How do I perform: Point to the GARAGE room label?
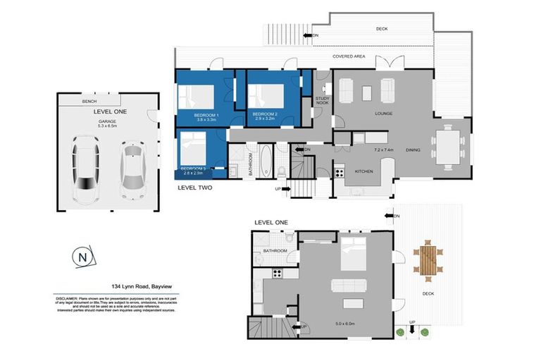(108, 121)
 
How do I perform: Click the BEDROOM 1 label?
(207, 114)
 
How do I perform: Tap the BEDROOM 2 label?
(265, 114)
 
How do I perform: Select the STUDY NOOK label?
(323, 101)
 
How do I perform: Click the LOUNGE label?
(383, 114)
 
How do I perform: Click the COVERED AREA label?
(349, 56)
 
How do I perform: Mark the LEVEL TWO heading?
(194, 188)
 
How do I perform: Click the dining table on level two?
(448, 147)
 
